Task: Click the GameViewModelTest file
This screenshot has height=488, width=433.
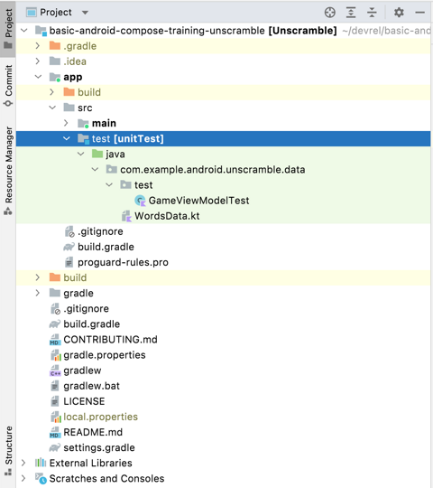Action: (x=198, y=201)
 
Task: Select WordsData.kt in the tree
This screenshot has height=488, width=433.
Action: (x=166, y=216)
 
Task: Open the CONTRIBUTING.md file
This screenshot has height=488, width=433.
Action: (x=110, y=340)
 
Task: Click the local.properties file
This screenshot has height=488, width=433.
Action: (x=100, y=417)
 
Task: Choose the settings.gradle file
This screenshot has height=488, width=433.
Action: (x=98, y=447)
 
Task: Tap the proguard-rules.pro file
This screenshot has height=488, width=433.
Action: (x=123, y=262)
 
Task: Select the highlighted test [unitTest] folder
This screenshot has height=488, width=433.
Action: (x=127, y=139)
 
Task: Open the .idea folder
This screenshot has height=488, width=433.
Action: (x=75, y=61)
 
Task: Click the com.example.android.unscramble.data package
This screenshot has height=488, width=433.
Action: (x=212, y=170)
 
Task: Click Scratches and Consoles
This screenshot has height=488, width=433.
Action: (x=106, y=478)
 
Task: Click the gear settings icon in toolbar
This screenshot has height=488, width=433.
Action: (x=399, y=13)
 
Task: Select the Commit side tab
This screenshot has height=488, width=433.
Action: (x=8, y=87)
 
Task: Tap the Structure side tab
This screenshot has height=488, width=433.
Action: (x=8, y=446)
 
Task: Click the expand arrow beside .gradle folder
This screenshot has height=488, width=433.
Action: (x=38, y=46)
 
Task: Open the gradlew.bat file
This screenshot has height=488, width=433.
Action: (x=91, y=386)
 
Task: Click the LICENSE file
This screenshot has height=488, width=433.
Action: (x=84, y=401)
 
